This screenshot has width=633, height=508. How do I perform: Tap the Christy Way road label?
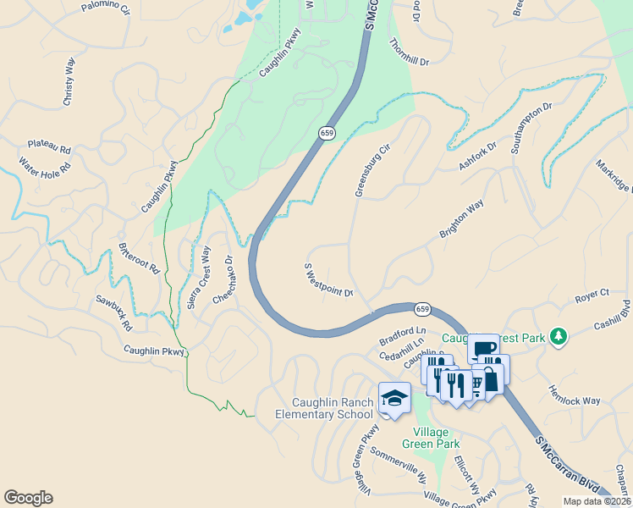point(69,88)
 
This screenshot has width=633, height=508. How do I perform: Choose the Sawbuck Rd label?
point(113,312)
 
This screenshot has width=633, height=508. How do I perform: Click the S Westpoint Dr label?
point(328,280)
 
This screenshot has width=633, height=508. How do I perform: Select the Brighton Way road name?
point(461,219)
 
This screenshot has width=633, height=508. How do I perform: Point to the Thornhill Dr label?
point(410,52)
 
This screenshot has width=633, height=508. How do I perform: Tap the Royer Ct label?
point(592,295)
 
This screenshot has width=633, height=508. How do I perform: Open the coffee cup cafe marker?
point(483,347)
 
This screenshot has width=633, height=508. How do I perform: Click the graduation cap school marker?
point(394,397)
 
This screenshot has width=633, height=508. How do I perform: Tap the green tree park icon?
point(558,337)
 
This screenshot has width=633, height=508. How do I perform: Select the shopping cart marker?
point(476,385)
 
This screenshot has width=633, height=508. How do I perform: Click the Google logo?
point(28,498)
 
